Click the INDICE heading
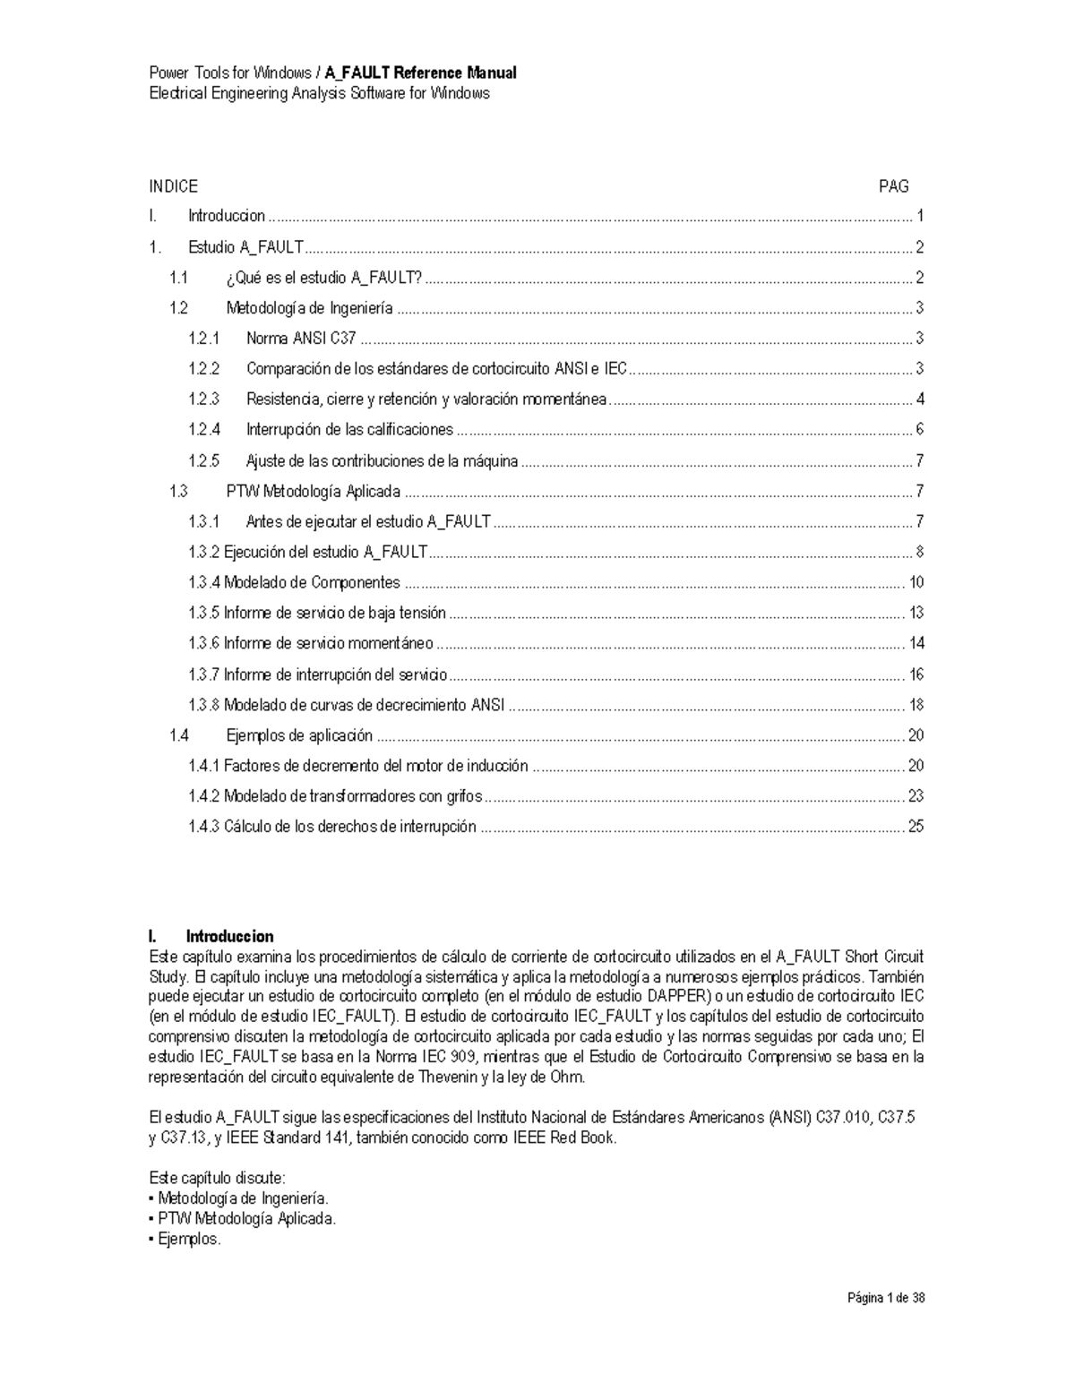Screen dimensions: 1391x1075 tap(173, 186)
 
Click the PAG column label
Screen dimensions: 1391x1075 tap(893, 186)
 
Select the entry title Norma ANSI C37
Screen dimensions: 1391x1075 tap(301, 339)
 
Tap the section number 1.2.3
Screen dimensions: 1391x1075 tap(203, 399)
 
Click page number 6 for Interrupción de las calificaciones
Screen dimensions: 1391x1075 tap(919, 430)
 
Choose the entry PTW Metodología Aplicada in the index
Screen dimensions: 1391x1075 tap(313, 492)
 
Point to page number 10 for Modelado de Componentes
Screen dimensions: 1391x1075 tap(916, 583)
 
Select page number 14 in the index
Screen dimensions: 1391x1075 tap(916, 644)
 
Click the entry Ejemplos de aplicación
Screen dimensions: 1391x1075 tap(298, 736)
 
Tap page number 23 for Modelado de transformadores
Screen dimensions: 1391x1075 tap(916, 796)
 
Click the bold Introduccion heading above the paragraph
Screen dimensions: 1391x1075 tap(229, 937)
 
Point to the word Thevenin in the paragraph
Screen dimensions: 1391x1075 tap(447, 1077)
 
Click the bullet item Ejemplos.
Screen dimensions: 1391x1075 tap(188, 1240)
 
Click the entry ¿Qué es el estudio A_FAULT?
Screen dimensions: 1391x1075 tap(323, 278)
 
